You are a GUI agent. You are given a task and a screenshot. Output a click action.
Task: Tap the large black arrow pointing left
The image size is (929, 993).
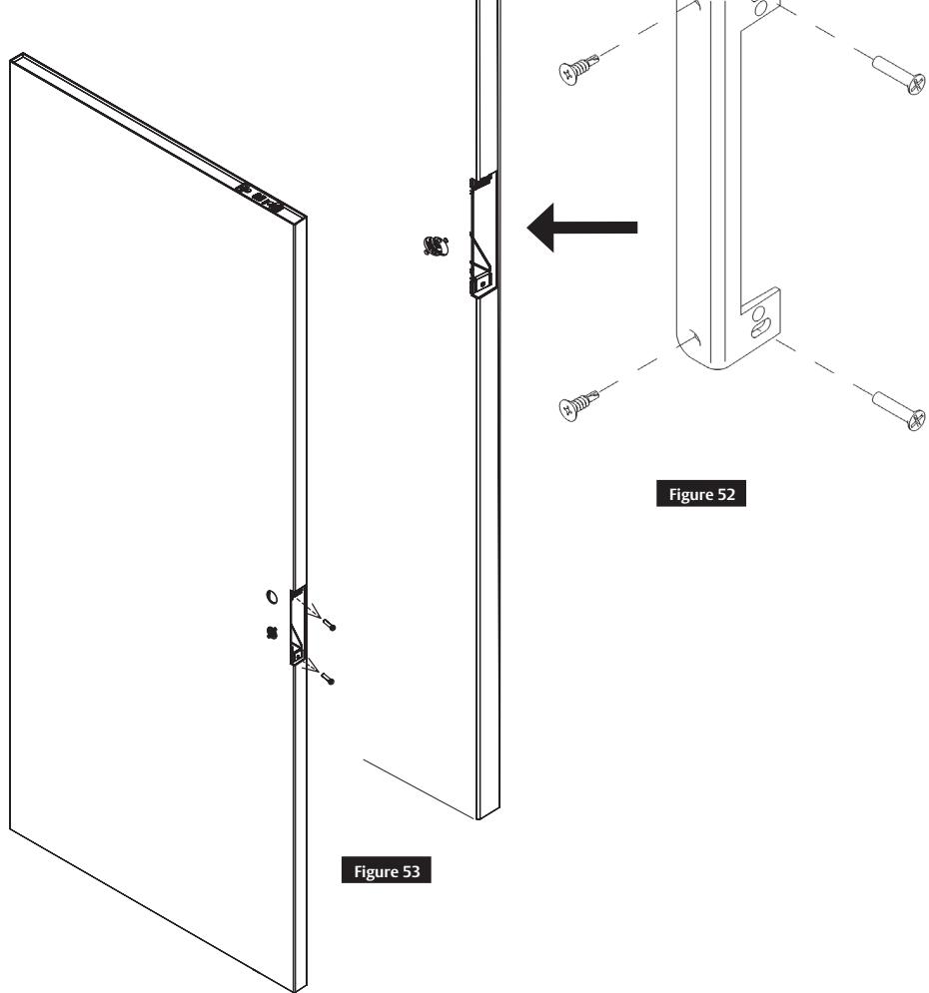coord(581,229)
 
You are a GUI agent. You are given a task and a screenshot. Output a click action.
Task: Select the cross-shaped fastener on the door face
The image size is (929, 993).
coord(269,633)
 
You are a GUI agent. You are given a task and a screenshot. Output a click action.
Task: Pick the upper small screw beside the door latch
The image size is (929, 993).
coord(331,626)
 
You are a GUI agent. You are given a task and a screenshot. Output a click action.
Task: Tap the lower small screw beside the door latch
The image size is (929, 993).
coord(331,681)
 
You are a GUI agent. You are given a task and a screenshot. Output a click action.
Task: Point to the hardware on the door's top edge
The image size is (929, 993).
coord(259,196)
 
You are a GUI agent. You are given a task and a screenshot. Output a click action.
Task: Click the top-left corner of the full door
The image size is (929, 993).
coord(12,62)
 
